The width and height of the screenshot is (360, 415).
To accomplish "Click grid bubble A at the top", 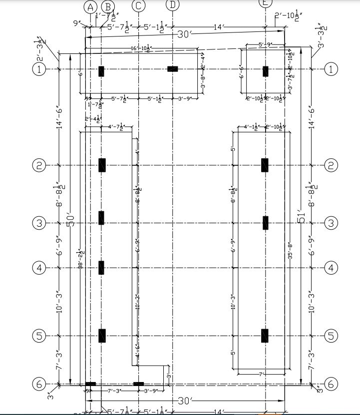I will (90, 6).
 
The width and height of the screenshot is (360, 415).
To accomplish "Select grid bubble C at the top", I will (138, 6).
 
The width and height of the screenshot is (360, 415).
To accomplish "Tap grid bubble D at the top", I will (173, 4).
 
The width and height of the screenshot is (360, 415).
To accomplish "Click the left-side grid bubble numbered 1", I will (39, 69).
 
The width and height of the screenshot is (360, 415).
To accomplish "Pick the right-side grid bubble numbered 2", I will (331, 165).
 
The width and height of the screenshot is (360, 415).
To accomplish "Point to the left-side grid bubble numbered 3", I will (39, 223).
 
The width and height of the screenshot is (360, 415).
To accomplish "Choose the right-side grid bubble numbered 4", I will (331, 268).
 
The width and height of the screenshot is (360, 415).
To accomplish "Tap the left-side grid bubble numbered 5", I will (39, 336).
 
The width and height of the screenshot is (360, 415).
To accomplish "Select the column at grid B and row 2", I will (102, 165).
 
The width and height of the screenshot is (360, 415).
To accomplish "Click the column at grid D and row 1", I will (173, 69).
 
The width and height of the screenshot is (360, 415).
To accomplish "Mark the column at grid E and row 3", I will (266, 223).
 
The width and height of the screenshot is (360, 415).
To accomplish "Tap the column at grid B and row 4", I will (101, 268).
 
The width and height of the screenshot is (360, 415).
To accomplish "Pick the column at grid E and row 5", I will (265, 336).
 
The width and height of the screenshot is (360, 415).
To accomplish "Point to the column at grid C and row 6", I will (138, 384).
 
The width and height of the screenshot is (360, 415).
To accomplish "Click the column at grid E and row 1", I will (266, 70).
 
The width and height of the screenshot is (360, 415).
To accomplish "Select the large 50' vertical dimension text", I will (70, 220).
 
